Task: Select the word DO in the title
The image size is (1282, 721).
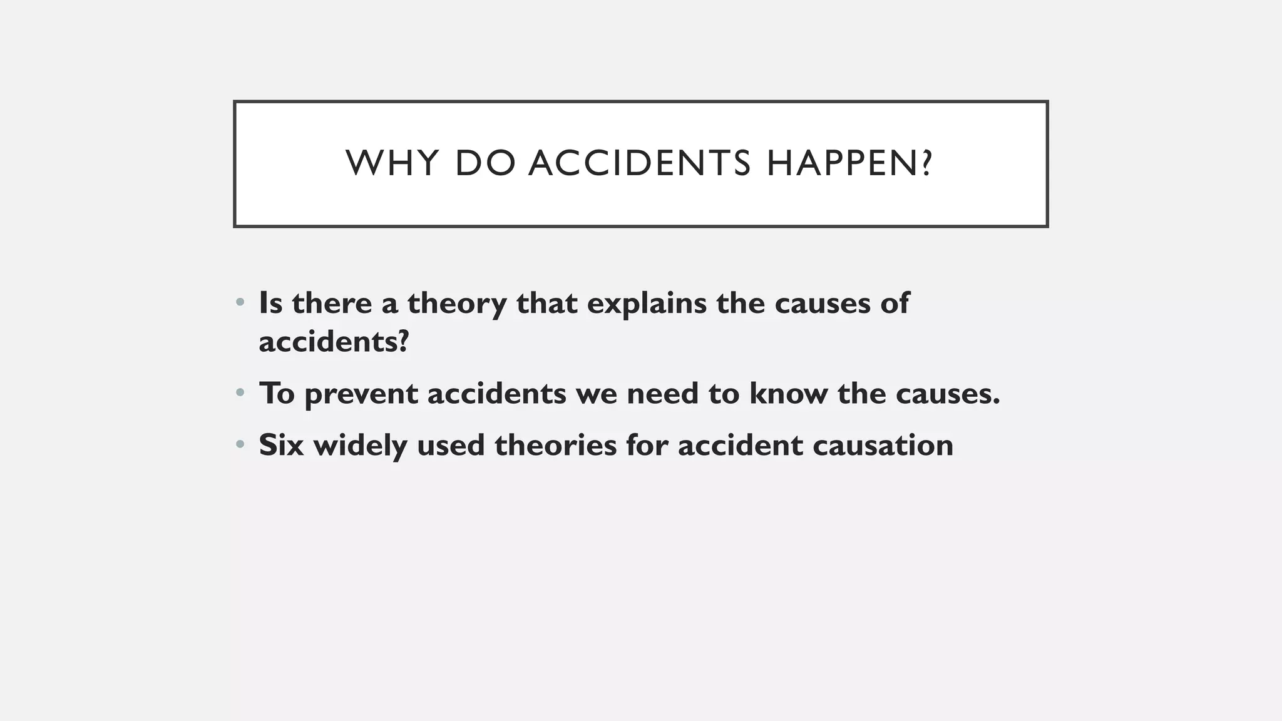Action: coord(485,163)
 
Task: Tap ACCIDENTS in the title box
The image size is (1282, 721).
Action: coord(639,163)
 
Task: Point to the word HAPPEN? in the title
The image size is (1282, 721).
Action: coord(849,163)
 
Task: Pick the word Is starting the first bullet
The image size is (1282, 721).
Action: coord(270,303)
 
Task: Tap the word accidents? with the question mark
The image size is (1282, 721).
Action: coord(334,342)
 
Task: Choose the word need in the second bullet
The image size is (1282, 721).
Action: coord(663,394)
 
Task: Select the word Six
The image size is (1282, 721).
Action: coord(281,445)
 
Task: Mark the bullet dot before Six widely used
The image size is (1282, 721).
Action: coord(240,445)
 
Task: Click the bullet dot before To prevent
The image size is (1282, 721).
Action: coord(240,394)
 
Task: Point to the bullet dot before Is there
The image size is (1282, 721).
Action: coord(240,303)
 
